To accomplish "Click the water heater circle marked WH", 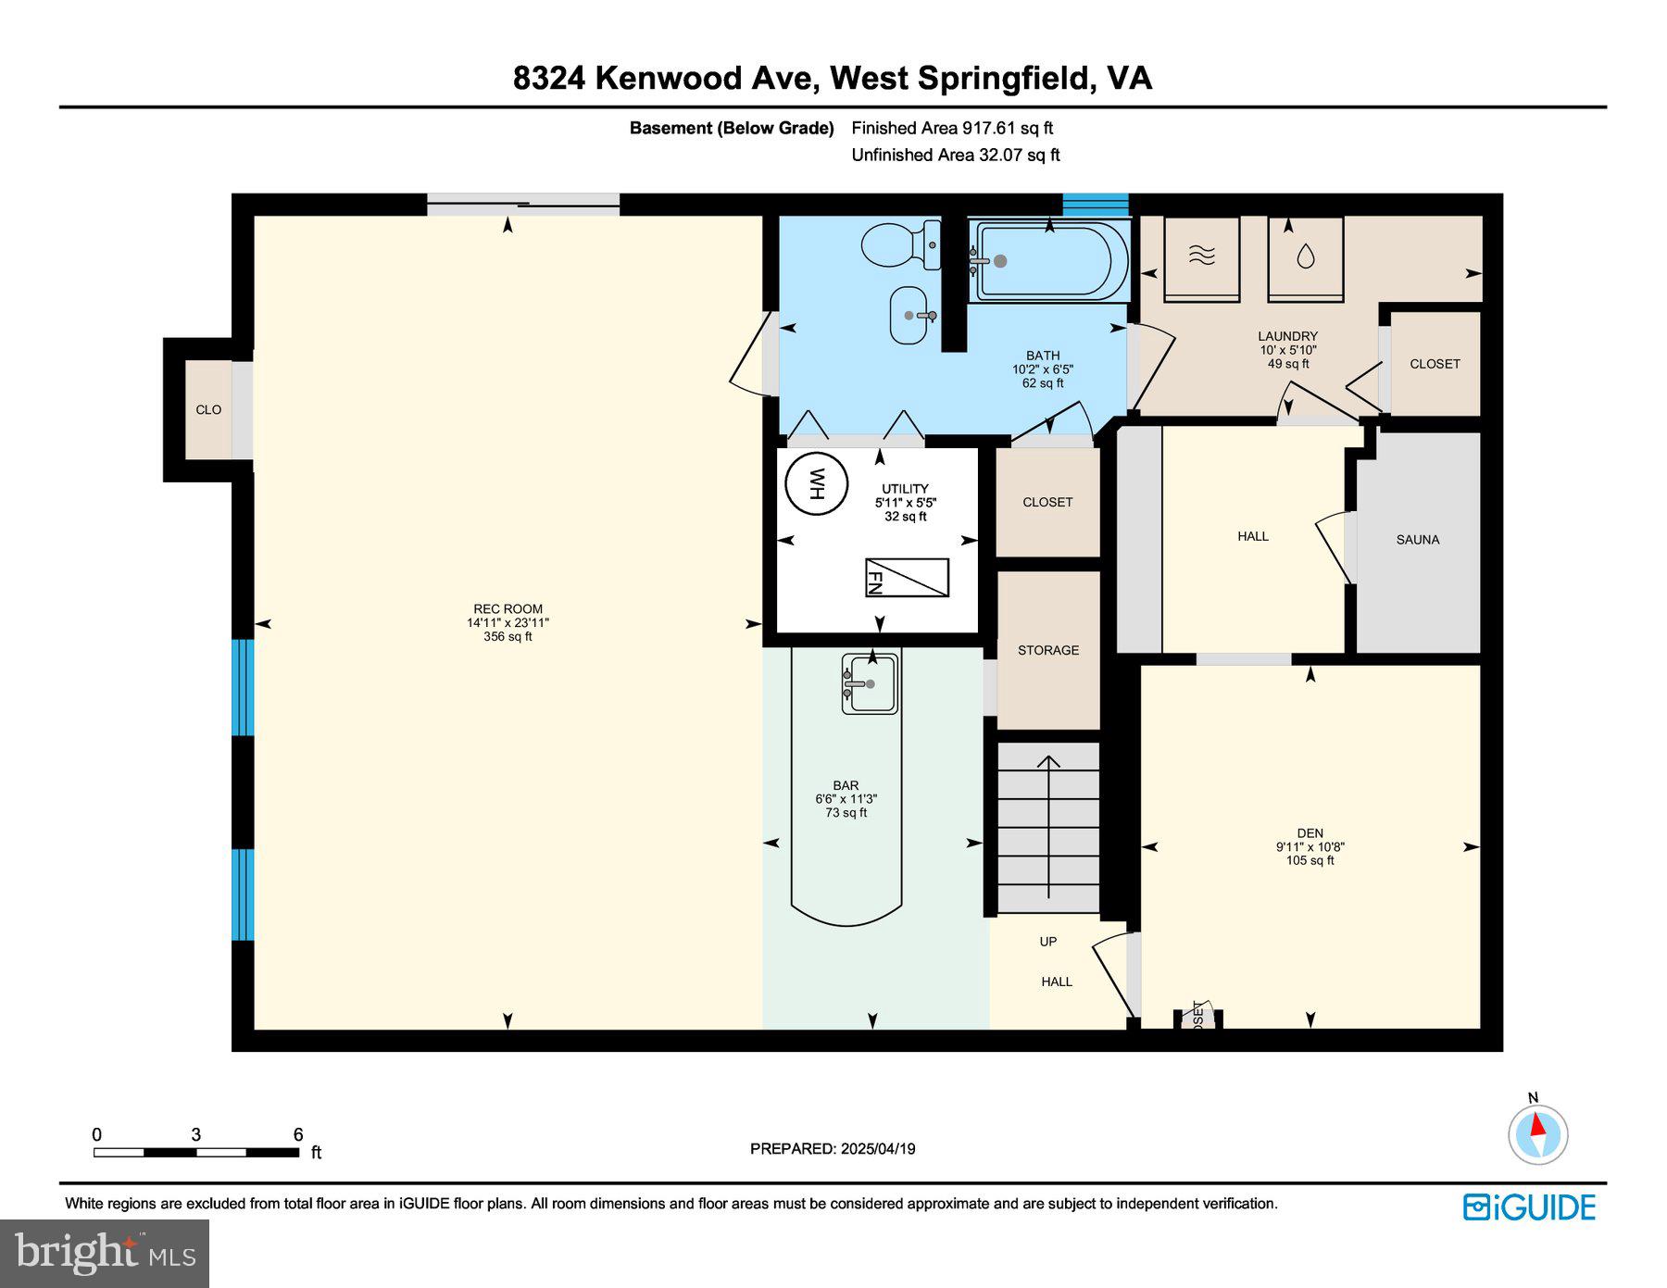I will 816,483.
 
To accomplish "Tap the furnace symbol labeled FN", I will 907,578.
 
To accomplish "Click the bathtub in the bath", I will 1048,261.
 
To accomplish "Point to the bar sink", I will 870,684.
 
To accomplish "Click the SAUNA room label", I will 1417,540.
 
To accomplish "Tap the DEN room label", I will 1310,833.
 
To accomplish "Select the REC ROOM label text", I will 508,609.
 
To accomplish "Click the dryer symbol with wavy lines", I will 1201,256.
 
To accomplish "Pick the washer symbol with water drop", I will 1305,256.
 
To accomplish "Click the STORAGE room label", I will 1047,650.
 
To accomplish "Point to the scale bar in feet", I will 196,1153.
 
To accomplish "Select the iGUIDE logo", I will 1529,1207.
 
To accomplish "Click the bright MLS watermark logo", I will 105,1254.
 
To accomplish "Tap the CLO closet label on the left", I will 208,409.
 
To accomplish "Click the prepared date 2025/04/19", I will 832,1148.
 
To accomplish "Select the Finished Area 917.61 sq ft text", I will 952,129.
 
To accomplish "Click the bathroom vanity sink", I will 913,315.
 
